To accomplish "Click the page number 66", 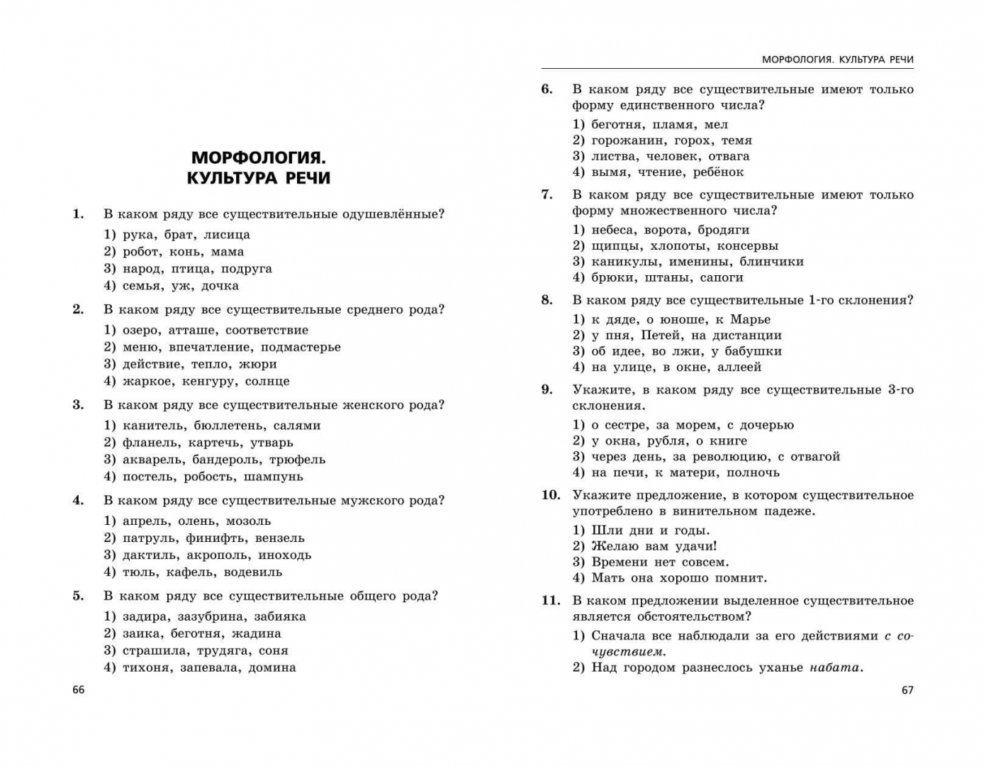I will coord(78,689).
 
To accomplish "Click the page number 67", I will coord(907,689).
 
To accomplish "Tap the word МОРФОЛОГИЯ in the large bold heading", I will coord(259,157).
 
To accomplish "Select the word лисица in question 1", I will coord(227,235).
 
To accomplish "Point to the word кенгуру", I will coord(209,382).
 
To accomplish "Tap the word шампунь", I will coord(274,477).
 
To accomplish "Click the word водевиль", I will coord(253,572).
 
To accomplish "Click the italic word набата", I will coord(834,667).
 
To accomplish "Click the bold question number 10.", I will coord(551,495).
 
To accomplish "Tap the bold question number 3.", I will coord(78,405).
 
